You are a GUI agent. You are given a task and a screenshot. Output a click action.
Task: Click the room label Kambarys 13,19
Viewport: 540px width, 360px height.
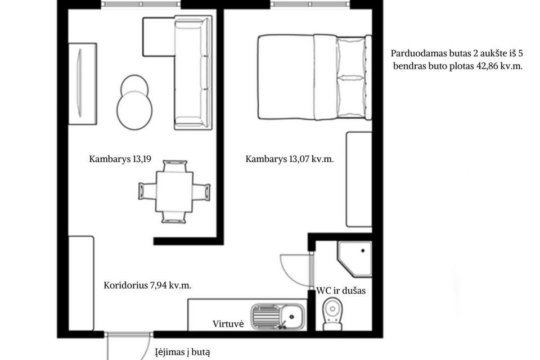point(120,159)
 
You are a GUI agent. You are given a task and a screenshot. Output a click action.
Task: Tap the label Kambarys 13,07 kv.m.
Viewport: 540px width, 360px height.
point(289,159)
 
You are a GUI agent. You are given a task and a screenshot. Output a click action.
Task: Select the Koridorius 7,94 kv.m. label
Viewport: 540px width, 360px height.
point(147,286)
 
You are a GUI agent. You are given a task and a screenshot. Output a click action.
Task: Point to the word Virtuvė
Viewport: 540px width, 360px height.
point(228,324)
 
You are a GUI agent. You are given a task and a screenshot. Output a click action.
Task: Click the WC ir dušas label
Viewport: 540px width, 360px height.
point(341,291)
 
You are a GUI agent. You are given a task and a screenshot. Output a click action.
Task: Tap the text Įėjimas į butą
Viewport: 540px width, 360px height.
point(182,353)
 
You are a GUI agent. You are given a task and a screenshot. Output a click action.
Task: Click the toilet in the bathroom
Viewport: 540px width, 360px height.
point(332,314)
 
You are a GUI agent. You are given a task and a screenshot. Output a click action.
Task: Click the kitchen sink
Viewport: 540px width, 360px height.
point(278,316)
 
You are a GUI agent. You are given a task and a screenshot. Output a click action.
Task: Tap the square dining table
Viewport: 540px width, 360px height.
point(174,192)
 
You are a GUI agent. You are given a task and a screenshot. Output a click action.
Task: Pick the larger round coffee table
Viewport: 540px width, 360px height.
point(134,110)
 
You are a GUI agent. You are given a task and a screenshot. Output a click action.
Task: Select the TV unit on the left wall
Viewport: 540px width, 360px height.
point(82,84)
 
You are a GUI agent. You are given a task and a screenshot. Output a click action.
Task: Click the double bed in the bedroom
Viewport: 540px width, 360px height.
point(315,77)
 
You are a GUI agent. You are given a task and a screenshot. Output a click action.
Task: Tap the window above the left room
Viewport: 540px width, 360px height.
point(141,4)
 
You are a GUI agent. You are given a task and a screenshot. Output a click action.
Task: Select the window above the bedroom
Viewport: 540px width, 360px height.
point(310,4)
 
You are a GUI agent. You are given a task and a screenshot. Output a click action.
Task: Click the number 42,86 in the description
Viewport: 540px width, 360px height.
point(487,66)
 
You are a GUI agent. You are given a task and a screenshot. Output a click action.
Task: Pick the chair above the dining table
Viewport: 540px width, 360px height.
point(175,166)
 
